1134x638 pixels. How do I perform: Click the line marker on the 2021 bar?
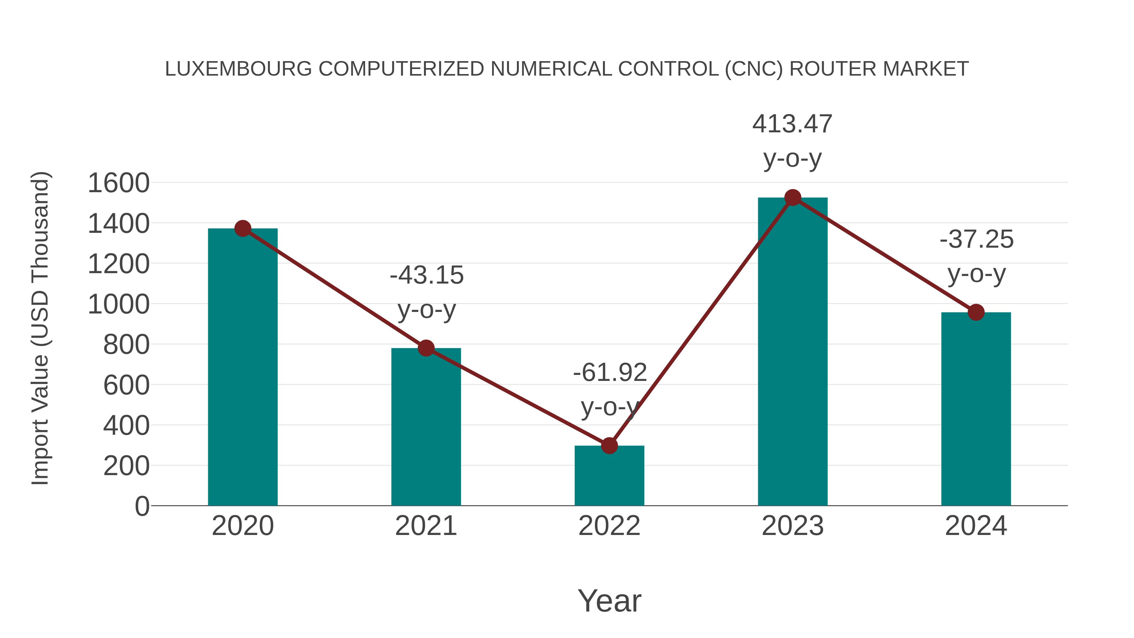[x=426, y=348]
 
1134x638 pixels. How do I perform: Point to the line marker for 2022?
[x=609, y=445]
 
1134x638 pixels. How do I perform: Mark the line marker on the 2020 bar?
[x=243, y=228]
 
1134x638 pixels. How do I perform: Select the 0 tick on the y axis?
[x=142, y=506]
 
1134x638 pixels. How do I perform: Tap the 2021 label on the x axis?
[x=426, y=526]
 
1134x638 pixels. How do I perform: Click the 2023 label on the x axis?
[x=793, y=526]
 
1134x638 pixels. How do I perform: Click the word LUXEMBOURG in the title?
[x=238, y=69]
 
